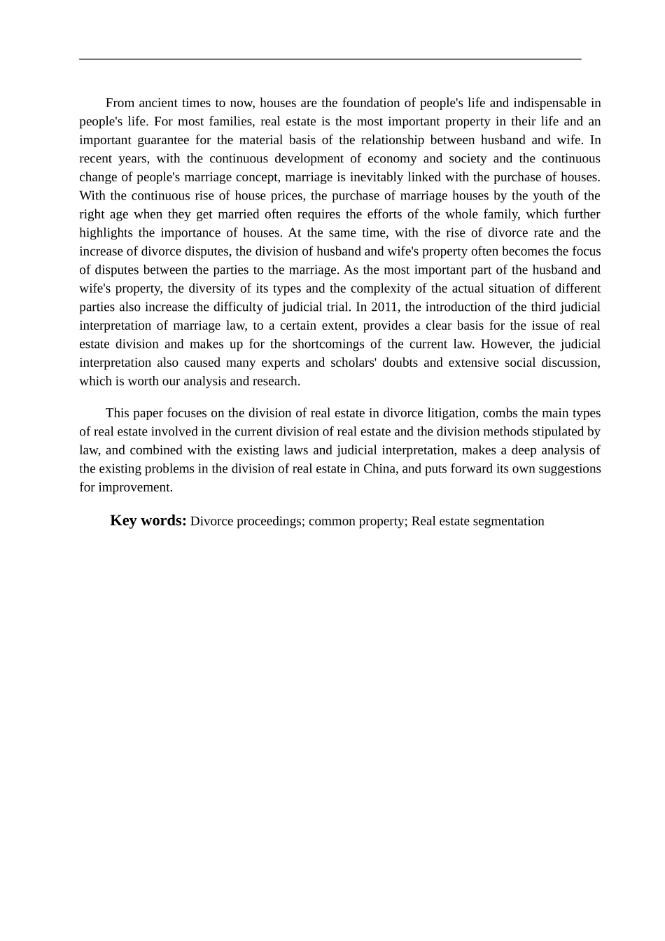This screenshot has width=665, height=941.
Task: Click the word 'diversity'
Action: tap(212, 289)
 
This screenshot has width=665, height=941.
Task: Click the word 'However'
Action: tap(506, 344)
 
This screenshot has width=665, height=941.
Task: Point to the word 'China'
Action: tap(380, 469)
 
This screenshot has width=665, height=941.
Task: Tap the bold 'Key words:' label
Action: tap(148, 521)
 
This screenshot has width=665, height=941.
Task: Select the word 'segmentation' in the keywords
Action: tap(509, 522)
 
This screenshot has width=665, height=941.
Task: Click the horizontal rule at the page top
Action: tap(330, 60)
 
